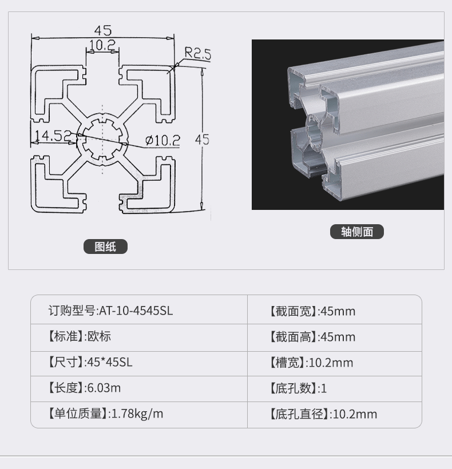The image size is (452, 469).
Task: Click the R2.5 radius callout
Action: click(x=198, y=53)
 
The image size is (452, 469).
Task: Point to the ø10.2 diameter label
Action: click(x=162, y=140)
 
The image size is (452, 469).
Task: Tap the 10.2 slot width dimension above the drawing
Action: click(x=102, y=45)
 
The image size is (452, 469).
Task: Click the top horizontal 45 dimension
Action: click(x=103, y=30)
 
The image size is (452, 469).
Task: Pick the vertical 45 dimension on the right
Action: click(x=202, y=140)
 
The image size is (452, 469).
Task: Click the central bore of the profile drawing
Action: click(x=102, y=140)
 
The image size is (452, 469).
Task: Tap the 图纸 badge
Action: click(x=105, y=247)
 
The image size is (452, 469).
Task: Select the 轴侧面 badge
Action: click(x=357, y=232)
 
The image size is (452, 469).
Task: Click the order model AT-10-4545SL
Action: click(x=110, y=311)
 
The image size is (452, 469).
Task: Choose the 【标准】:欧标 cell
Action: click(x=80, y=336)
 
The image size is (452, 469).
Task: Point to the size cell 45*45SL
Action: click(x=90, y=362)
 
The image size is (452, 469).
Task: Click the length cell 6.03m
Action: click(x=84, y=388)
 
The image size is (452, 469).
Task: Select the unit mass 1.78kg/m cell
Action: click(x=105, y=414)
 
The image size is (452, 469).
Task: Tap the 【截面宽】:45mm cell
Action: click(x=312, y=311)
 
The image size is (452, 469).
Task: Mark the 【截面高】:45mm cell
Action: click(x=312, y=337)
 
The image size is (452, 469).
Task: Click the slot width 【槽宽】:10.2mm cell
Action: click(x=311, y=363)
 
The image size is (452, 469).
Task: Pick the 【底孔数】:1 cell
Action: click(x=298, y=388)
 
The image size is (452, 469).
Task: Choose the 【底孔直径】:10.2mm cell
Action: click(x=323, y=414)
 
